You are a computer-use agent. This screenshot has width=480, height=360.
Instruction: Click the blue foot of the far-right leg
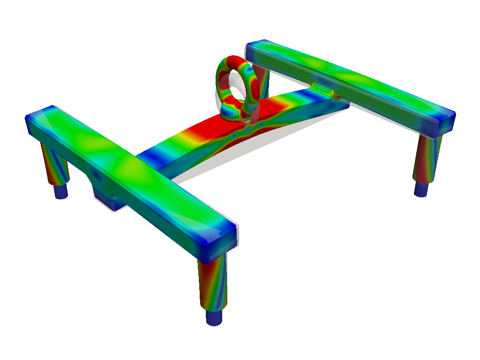point(421,189)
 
